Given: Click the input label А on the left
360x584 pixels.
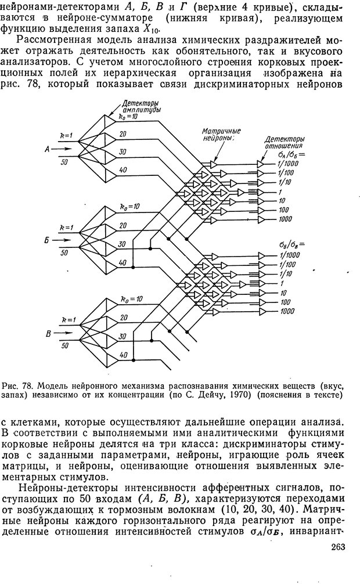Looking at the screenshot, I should [x=48, y=148].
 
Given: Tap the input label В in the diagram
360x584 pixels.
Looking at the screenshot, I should [x=48, y=333].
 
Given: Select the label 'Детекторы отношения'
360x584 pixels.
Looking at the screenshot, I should [x=284, y=143].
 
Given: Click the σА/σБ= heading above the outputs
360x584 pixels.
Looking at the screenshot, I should [x=291, y=155].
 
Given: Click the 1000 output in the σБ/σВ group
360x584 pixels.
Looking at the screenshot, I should [x=285, y=311].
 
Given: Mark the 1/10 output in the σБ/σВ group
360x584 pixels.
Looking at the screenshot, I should [x=286, y=274].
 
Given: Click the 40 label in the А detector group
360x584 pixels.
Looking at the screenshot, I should [x=123, y=170].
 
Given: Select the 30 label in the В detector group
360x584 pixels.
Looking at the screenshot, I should [x=123, y=337].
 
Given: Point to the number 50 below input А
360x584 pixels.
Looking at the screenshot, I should [x=64, y=162].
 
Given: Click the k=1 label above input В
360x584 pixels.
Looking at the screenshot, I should [x=67, y=320].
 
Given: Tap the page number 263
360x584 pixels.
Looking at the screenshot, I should [x=337, y=562].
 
